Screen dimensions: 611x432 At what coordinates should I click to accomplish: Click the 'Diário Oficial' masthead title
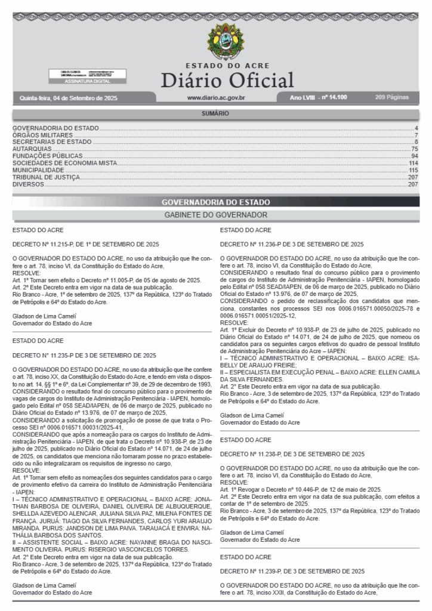tap(227, 80)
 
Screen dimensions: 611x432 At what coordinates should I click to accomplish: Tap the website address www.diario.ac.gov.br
tap(217, 97)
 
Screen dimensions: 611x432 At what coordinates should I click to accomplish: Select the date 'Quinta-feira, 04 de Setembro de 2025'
tap(69, 97)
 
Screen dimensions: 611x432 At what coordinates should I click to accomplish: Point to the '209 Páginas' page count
tap(392, 97)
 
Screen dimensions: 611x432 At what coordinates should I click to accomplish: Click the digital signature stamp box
tap(87, 76)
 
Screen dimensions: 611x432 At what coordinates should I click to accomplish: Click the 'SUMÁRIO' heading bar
tap(215, 113)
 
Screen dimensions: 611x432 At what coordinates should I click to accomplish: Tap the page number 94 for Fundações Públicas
tap(414, 156)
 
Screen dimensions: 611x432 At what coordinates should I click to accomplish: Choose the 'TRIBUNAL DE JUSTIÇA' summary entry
tap(46, 177)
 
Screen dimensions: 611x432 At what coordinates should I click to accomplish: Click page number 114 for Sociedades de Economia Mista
tap(413, 163)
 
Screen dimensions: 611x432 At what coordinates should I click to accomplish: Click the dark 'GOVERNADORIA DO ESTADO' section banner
tap(215, 202)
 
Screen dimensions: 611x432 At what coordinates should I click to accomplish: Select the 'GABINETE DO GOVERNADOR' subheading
tap(215, 214)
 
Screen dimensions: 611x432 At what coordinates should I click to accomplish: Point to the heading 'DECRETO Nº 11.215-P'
tap(86, 244)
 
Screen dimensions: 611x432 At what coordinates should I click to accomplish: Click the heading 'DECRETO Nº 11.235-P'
tap(84, 355)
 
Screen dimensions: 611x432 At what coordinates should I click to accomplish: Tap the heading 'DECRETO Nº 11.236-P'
tap(292, 244)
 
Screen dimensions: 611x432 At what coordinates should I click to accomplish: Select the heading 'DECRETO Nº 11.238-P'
tap(292, 454)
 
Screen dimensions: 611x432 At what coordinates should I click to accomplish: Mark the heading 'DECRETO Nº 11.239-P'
tap(292, 571)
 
